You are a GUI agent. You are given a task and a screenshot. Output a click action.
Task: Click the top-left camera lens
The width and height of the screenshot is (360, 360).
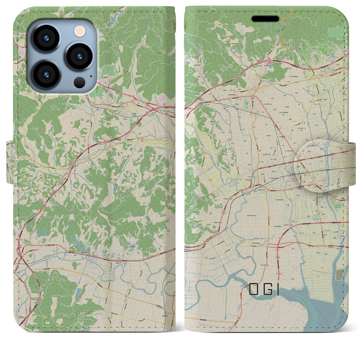click(x=46, y=38)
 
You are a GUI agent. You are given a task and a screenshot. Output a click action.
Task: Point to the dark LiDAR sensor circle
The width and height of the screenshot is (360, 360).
click(x=80, y=82)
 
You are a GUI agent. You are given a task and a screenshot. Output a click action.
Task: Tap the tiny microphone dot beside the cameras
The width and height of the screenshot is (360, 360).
click(x=91, y=76)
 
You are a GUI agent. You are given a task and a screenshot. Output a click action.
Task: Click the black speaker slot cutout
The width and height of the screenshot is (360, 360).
click(x=265, y=19)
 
